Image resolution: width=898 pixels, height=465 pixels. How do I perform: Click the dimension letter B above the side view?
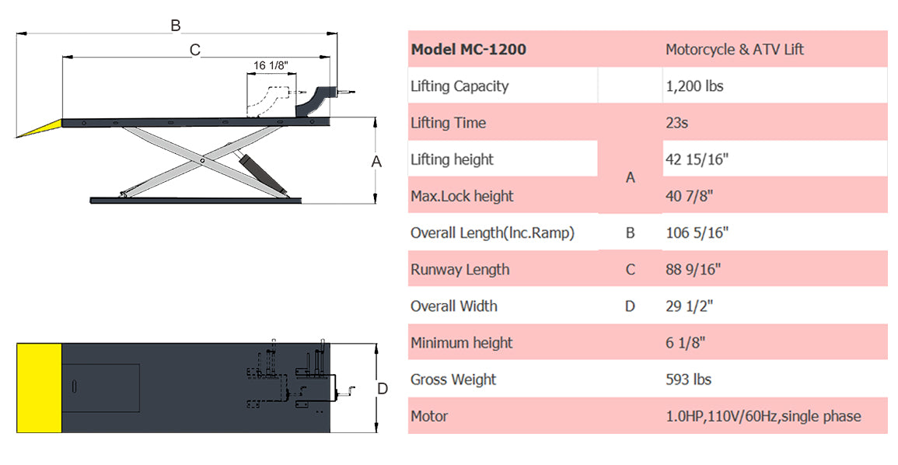[176, 26]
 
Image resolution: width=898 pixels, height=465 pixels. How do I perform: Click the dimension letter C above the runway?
[194, 51]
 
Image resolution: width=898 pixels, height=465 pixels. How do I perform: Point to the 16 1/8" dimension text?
[271, 65]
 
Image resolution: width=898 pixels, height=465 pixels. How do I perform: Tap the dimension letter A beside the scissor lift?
[376, 162]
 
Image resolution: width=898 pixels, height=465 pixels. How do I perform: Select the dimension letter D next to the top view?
[383, 389]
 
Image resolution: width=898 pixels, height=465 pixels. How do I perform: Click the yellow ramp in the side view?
[40, 128]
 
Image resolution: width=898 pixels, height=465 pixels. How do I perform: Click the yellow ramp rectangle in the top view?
[39, 388]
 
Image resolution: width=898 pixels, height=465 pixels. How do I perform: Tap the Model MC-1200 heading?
[469, 49]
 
